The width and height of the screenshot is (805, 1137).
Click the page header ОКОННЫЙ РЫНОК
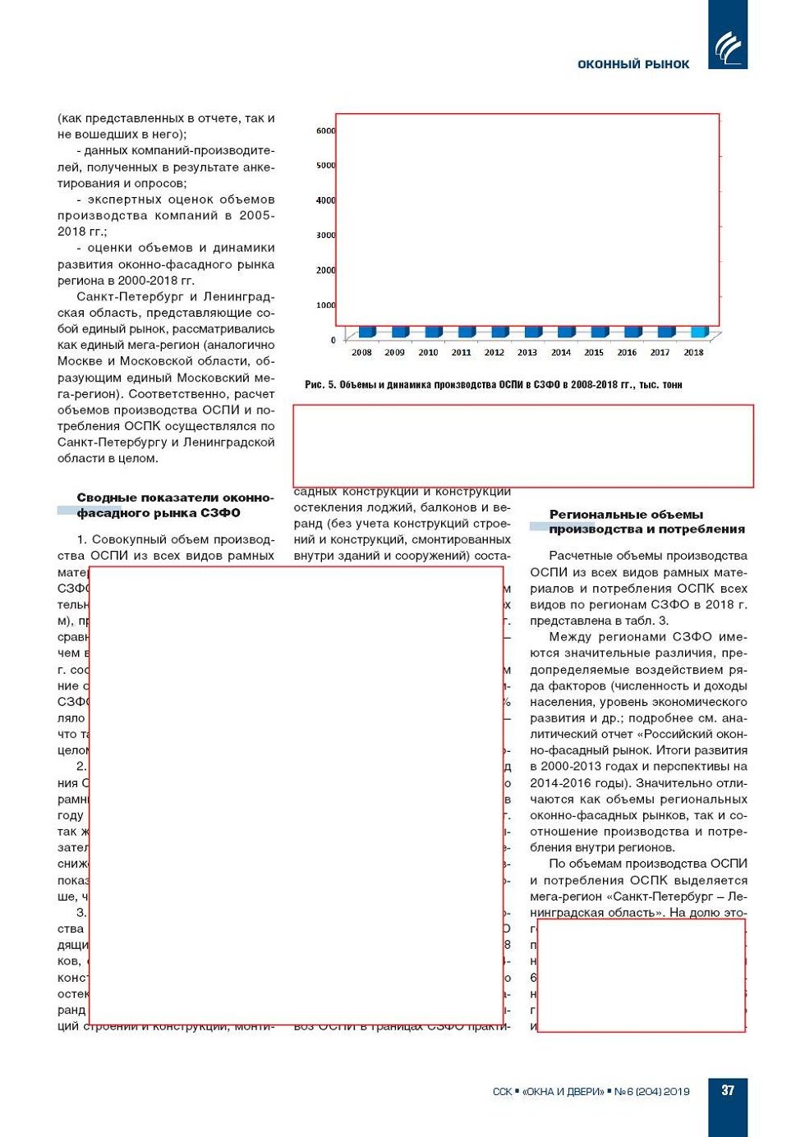pos(633,64)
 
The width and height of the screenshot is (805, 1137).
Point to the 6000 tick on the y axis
pos(325,131)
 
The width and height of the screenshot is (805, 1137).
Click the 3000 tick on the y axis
pos(325,236)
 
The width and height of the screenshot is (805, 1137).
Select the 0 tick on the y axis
pos(333,340)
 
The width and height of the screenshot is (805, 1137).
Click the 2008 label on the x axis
pos(361,352)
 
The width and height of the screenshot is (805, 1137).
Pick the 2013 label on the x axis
pos(527,352)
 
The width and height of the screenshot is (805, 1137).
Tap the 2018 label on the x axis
pos(693,352)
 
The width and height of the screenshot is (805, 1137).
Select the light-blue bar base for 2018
pos(699,332)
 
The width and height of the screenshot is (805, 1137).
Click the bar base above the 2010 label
pos(434,332)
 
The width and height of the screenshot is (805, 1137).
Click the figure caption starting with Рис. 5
pos(493,384)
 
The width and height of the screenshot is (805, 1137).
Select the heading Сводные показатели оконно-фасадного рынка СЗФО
pos(174,505)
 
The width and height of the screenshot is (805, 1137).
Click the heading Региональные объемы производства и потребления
pos(646,521)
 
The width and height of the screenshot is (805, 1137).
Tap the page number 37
pos(728,1090)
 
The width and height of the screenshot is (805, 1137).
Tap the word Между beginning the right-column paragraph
pos(570,637)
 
